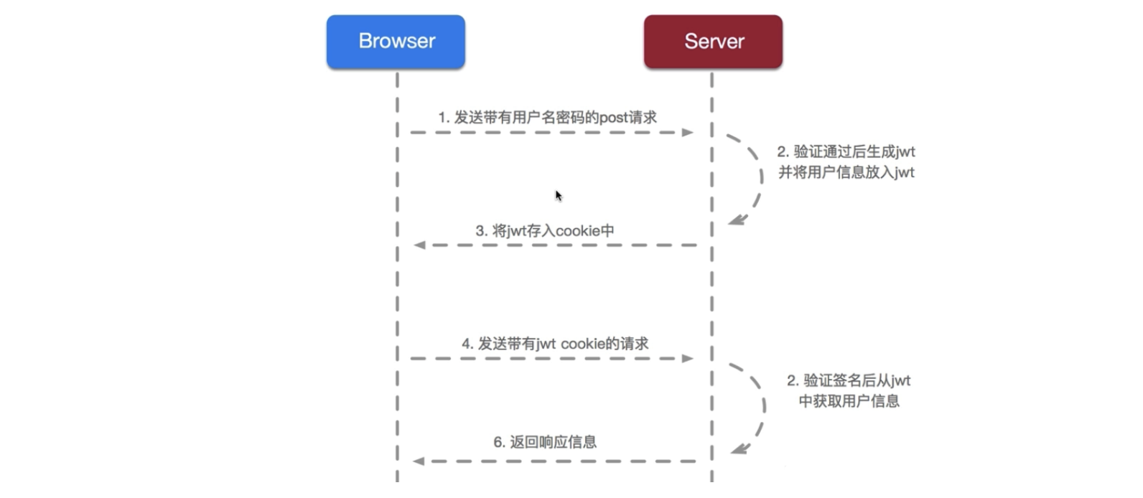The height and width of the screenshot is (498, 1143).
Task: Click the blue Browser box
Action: (x=396, y=42)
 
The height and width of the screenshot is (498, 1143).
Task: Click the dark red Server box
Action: (x=713, y=42)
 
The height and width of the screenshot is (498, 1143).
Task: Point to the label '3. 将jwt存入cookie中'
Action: (x=544, y=231)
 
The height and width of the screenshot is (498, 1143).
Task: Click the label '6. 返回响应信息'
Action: (x=544, y=442)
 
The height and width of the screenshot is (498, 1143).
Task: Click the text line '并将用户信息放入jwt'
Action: (x=846, y=172)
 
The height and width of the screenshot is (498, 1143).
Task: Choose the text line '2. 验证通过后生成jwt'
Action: (x=846, y=152)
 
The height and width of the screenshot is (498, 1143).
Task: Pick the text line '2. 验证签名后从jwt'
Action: (x=849, y=381)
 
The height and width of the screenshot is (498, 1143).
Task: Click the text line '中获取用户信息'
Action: (x=849, y=401)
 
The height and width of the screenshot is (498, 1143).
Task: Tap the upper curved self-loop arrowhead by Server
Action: (x=737, y=220)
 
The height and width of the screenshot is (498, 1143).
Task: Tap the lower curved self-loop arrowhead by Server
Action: (x=740, y=449)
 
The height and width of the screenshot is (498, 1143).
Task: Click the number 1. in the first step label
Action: (x=444, y=118)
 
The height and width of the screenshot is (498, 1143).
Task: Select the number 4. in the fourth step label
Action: (x=467, y=344)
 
